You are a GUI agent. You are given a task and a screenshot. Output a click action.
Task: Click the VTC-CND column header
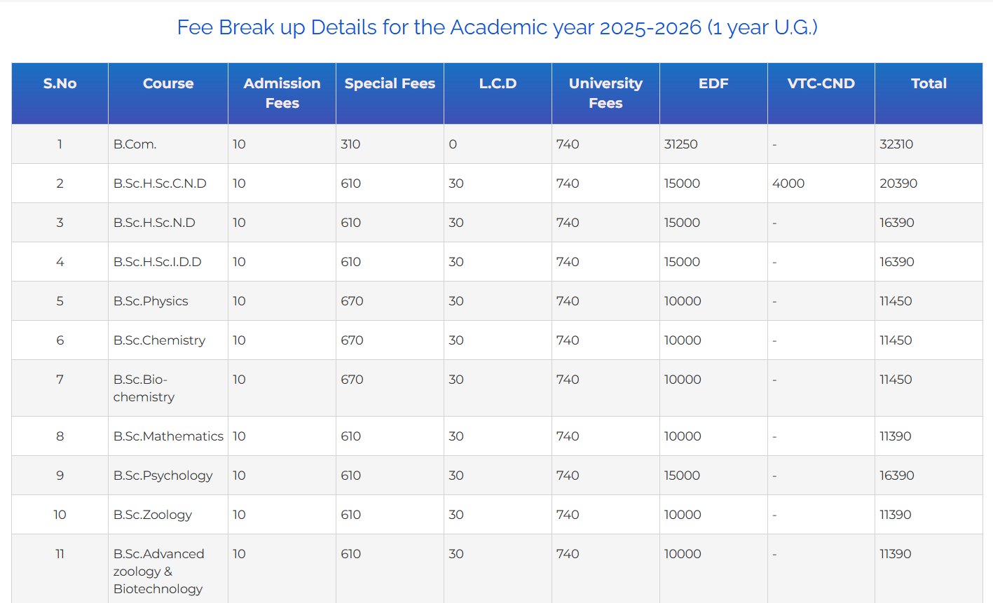821,83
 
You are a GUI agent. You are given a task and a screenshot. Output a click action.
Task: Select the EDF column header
713,83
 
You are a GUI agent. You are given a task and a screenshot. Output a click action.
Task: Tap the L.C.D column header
498,83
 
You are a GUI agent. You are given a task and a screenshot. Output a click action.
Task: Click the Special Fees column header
390,83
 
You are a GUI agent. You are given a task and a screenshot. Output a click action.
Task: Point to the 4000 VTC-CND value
788,183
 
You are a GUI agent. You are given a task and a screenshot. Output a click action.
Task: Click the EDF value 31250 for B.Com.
681,144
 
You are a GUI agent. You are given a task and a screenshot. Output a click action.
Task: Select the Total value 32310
896,144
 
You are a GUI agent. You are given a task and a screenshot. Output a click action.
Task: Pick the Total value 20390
898,183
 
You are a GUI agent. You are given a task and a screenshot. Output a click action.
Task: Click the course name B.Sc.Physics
151,301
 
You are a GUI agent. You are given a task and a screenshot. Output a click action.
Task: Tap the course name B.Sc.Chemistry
159,340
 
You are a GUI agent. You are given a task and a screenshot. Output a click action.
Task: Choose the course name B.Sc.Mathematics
168,436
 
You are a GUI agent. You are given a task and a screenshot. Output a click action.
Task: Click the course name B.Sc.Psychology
163,476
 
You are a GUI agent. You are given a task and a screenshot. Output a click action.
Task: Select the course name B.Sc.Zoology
153,515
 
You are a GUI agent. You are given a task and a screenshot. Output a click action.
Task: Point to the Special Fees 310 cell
350,144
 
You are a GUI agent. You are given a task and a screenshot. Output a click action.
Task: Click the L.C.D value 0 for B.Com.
453,144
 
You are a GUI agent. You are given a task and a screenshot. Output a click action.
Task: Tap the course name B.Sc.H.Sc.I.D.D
157,262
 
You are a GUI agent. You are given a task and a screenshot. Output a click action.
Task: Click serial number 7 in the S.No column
60,380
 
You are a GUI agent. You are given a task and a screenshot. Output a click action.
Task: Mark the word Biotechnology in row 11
158,589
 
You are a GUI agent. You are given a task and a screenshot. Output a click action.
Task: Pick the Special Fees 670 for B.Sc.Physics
352,301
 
